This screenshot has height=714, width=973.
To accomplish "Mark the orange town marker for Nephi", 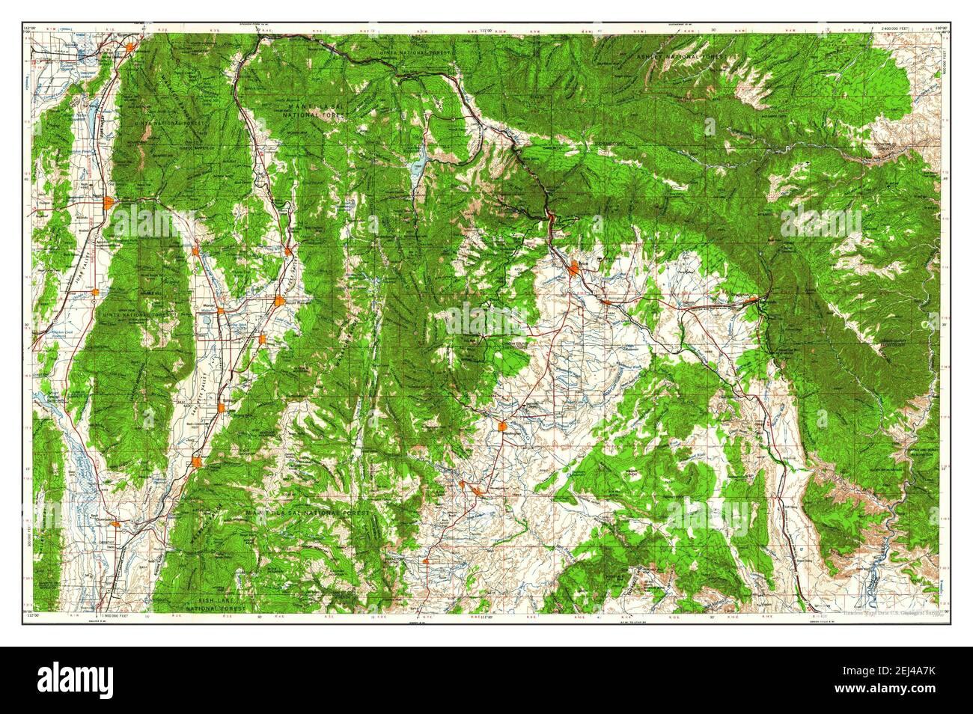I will point(109,203).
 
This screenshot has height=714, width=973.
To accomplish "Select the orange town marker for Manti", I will point(196,462).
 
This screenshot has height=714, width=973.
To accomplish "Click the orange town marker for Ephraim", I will point(222,408).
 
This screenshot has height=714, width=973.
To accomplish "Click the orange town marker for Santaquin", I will point(130,49).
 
